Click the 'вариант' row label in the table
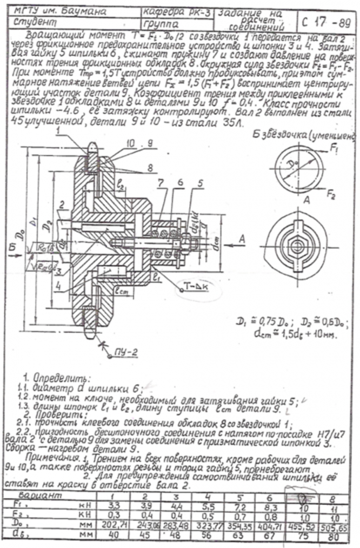[x=34, y=496]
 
